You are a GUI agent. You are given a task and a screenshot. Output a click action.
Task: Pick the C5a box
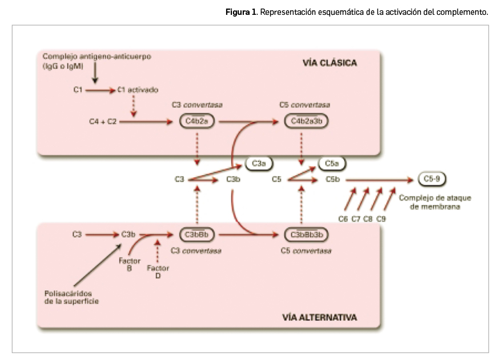click(x=332, y=164)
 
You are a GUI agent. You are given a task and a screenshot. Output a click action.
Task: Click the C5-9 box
click(x=432, y=179)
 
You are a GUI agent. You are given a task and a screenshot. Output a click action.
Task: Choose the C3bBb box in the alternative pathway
click(x=196, y=234)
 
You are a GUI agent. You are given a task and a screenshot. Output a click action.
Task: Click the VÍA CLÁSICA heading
click(x=330, y=63)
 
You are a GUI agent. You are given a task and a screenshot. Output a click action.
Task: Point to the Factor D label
click(x=158, y=272)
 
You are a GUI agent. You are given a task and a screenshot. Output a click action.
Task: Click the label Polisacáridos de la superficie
click(x=72, y=297)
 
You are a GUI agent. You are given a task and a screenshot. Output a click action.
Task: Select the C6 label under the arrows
click(x=343, y=218)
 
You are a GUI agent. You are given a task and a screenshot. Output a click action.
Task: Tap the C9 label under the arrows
click(x=381, y=218)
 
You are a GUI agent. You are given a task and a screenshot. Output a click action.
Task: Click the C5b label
click(x=333, y=179)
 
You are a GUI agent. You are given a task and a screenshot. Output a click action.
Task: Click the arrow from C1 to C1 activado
click(x=101, y=90)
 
